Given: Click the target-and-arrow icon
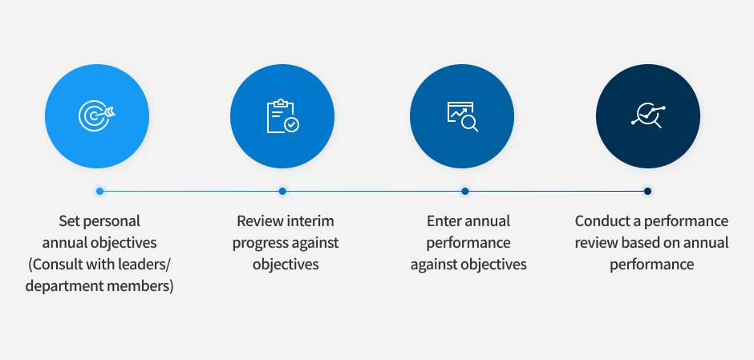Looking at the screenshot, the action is (x=96, y=115).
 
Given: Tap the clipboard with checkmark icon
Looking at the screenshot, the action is (x=282, y=115).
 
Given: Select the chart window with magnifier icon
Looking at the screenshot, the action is (x=462, y=115).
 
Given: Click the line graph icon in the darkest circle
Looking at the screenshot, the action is (x=648, y=115).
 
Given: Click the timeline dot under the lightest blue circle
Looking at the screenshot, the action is (x=99, y=192).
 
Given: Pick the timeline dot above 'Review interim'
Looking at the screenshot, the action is (x=282, y=192).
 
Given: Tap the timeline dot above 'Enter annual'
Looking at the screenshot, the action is (x=465, y=192).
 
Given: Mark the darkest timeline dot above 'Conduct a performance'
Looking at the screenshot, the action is (x=648, y=192).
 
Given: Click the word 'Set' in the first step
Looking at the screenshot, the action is (x=69, y=221).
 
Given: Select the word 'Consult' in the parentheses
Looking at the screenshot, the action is (x=55, y=265).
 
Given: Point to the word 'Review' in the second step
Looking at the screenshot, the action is (x=260, y=221).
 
